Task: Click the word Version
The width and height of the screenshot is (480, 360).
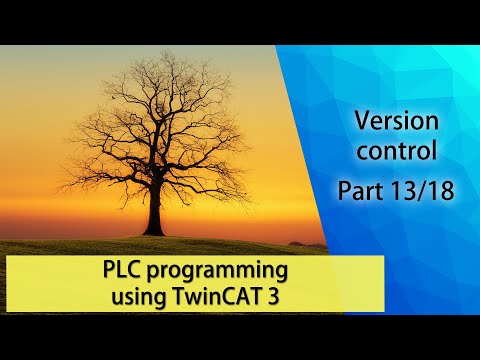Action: tap(398, 122)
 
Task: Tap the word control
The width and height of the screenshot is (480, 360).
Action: tap(398, 153)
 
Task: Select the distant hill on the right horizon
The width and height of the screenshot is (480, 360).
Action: tap(306, 242)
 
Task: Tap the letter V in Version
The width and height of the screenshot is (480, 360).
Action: tap(361, 122)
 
